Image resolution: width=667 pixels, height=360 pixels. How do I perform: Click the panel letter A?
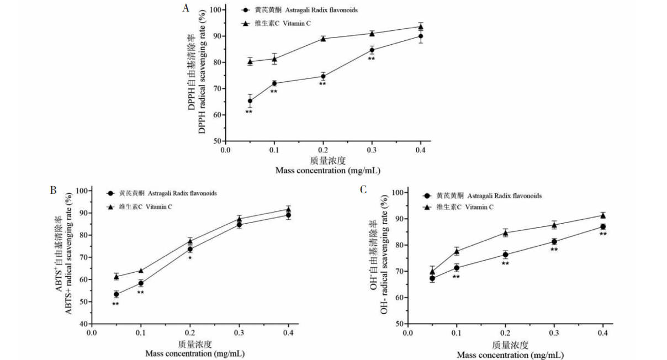tap(187, 8)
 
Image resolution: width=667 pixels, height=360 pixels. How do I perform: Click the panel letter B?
tap(54, 190)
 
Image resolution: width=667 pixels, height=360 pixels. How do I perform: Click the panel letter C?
tap(363, 190)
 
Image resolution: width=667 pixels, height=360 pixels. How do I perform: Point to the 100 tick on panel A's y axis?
tap(213, 10)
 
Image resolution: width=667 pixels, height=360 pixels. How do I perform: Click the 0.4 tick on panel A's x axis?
tap(420, 150)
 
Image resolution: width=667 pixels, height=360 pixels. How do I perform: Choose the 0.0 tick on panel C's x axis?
tap(407, 333)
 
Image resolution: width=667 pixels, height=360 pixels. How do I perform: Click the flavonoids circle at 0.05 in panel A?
tap(250, 101)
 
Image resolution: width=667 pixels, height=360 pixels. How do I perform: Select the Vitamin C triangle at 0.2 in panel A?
tap(323, 39)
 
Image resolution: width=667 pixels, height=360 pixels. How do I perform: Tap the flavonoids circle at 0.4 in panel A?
tap(420, 36)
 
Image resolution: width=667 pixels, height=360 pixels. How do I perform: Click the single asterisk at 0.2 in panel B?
tap(190, 258)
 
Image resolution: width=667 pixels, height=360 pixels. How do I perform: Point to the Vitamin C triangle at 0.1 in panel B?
tap(141, 271)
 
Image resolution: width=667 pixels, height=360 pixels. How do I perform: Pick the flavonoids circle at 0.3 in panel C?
tap(554, 241)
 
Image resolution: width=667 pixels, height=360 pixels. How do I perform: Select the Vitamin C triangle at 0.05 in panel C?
tap(432, 272)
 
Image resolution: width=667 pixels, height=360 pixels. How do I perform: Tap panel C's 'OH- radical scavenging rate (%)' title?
tap(384, 259)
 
